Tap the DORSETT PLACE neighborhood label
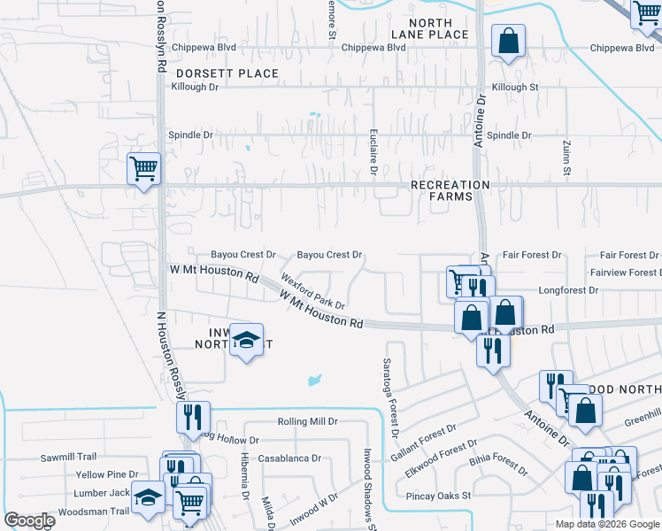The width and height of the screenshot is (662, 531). [x=227, y=73]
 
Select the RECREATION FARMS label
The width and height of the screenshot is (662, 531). [x=450, y=190]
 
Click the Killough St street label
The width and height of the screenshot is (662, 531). [x=514, y=87]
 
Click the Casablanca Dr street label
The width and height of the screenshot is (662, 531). [x=289, y=458]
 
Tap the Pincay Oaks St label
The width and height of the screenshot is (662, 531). [x=438, y=496]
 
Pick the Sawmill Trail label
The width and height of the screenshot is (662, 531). [x=68, y=458]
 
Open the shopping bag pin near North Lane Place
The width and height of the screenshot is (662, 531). [x=509, y=40]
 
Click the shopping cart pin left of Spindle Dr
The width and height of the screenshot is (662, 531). [x=143, y=167]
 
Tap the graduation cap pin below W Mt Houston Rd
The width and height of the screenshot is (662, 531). [x=245, y=341]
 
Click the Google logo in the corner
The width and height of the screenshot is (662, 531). [x=29, y=520]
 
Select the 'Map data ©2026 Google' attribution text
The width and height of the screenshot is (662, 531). [x=606, y=524]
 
